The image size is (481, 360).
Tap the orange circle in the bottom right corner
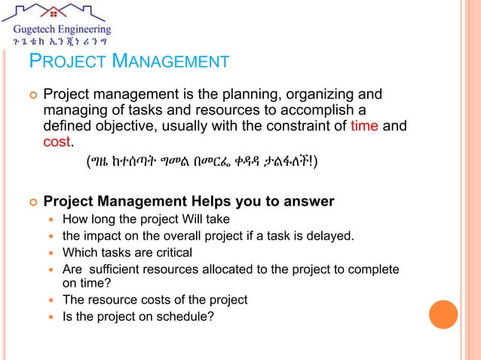[x=443, y=314]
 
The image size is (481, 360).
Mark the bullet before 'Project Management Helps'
[x=32, y=202]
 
